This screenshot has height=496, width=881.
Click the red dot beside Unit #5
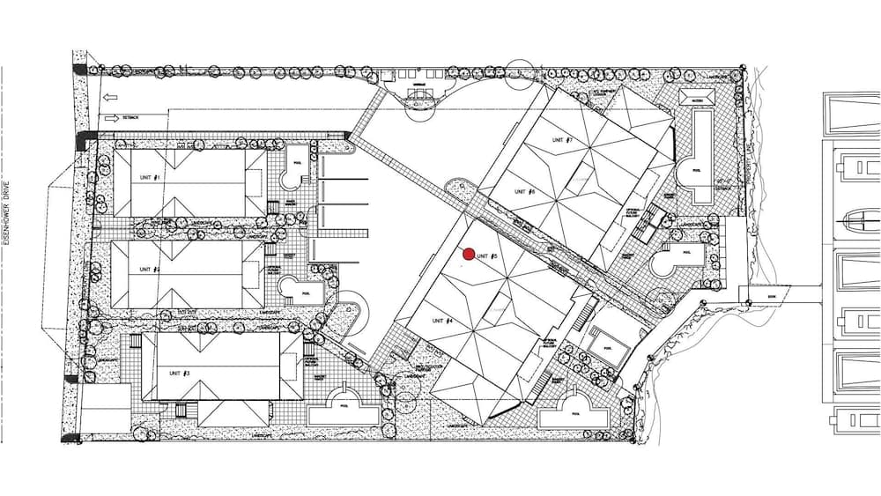click(x=470, y=255)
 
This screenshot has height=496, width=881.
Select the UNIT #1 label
click(x=150, y=177)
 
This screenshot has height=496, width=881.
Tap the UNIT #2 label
click(x=148, y=269)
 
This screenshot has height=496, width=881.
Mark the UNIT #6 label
click(x=525, y=191)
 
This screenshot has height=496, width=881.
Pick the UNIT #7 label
click(x=563, y=139)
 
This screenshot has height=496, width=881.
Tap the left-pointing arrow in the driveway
click(x=110, y=98)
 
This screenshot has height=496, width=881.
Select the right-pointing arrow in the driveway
click(x=111, y=117)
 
